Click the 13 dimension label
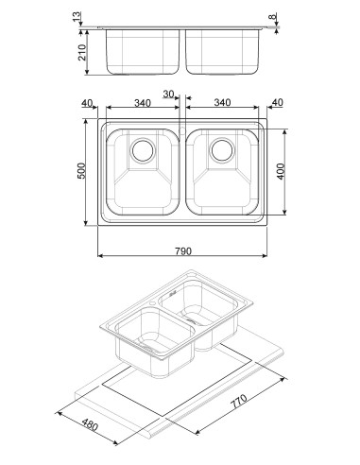(77, 17)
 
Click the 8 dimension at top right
(273, 16)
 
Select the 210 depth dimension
(82, 52)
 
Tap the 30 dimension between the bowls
(168, 94)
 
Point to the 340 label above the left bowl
(143, 103)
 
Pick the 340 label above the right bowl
(222, 102)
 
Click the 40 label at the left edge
(87, 103)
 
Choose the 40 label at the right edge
(277, 102)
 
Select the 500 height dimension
(81, 171)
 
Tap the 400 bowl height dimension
(281, 171)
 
